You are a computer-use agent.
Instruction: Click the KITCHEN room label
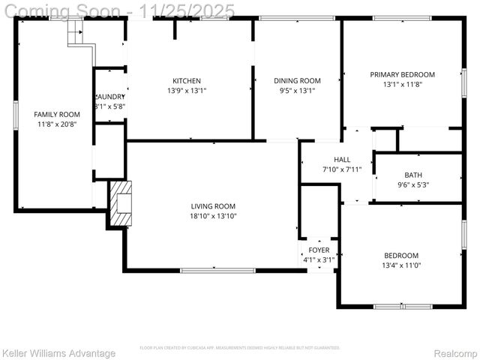coord(187,81)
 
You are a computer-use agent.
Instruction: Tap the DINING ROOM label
coord(297,81)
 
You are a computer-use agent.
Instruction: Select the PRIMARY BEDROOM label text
coord(402,74)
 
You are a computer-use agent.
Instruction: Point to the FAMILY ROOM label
coord(57,115)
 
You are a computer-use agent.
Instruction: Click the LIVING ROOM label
coord(213,206)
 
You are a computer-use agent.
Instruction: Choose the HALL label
coord(342,160)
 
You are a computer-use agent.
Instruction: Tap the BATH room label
coord(413,175)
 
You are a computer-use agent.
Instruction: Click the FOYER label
coord(319,250)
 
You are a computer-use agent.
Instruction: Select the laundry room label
coord(109,97)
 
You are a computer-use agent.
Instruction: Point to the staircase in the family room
coord(77,34)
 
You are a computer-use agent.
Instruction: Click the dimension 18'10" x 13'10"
coord(213,216)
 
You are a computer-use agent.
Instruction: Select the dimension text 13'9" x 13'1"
coord(187,91)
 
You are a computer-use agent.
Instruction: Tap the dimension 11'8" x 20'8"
coord(57,124)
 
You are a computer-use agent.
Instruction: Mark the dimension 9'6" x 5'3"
coord(413,185)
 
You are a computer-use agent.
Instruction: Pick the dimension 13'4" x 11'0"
coord(401,265)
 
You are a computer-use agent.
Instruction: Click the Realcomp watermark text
coord(456,353)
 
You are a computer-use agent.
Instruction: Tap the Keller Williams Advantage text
coord(58,353)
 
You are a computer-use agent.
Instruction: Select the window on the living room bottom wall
coord(228,270)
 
